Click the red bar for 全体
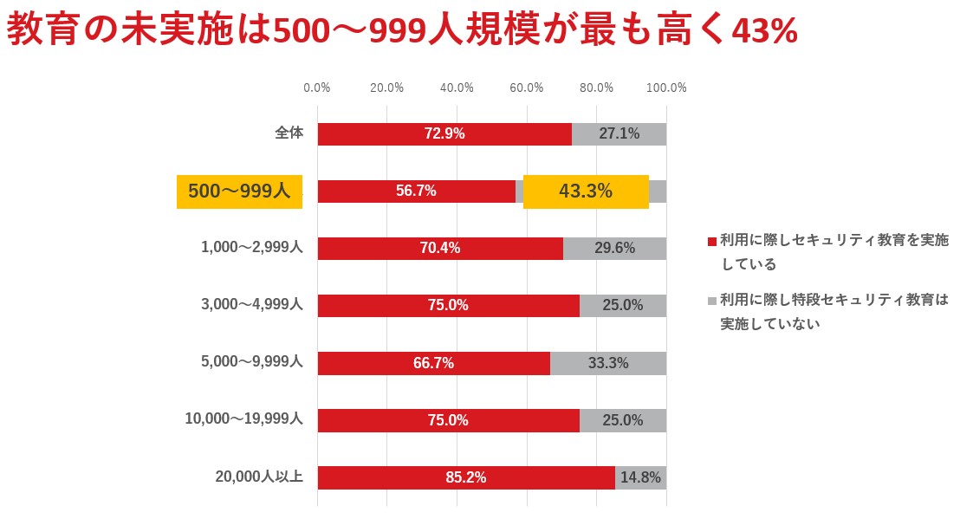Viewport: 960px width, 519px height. coord(444,134)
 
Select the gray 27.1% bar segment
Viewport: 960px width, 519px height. coord(619,134)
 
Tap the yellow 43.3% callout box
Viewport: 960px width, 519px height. coord(586,191)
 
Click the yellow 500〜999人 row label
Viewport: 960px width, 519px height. coord(239,191)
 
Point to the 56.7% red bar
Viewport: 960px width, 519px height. coord(416,191)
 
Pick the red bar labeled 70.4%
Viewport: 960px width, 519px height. coord(440,249)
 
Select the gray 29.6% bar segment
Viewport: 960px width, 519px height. coord(614,249)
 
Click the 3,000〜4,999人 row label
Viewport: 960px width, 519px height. coord(251,305)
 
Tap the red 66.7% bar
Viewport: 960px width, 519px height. coord(433,363)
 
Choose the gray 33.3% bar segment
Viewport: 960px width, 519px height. coord(608,363)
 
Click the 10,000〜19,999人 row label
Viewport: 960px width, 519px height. coord(243,419)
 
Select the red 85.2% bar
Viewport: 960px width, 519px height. coord(466,477)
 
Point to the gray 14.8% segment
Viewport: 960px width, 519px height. coord(640,477)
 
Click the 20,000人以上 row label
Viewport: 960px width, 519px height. coord(258,477)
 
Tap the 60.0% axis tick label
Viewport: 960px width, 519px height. coord(527,88)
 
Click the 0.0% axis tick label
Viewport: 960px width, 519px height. coord(317,88)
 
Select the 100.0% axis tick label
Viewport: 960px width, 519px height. coord(666,88)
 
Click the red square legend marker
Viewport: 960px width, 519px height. coord(712,241)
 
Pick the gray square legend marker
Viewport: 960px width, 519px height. coord(712,301)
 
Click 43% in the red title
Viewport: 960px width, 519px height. coord(764,32)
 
